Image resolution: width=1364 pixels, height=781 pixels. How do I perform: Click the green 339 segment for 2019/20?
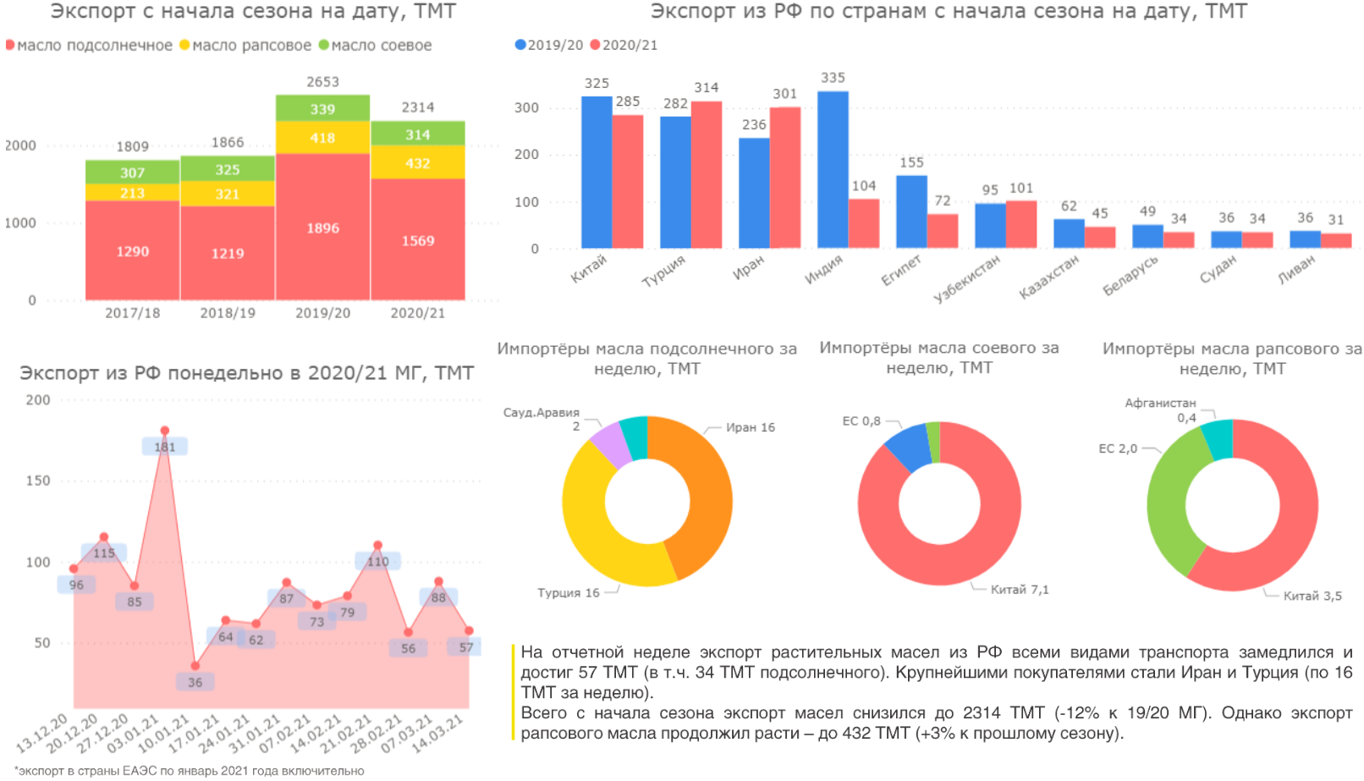click(322, 108)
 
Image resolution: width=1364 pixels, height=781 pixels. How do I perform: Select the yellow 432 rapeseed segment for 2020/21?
click(418, 162)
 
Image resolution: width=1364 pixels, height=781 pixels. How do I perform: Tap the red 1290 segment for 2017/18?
click(133, 250)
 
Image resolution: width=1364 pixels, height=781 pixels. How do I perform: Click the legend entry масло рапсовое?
click(245, 46)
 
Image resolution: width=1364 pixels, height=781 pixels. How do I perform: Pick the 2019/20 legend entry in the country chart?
click(549, 46)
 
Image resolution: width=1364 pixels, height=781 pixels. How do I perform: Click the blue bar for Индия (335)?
click(833, 169)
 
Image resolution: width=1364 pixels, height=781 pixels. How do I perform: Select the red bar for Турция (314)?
click(707, 174)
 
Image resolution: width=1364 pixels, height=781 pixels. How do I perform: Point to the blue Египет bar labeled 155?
click(911, 212)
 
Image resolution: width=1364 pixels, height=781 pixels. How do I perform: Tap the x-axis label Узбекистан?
click(966, 278)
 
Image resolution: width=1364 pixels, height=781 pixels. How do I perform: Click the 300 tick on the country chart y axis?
click(526, 108)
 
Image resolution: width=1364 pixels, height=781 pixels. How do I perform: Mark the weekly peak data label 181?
click(165, 447)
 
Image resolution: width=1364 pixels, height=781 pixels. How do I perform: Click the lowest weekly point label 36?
click(195, 682)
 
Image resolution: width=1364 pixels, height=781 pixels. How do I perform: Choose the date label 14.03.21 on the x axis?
click(437, 735)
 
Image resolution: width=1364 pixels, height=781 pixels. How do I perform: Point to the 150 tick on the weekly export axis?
click(38, 481)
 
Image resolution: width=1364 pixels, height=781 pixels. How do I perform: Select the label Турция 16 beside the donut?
click(568, 593)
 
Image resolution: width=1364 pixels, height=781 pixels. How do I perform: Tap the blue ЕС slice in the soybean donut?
click(909, 447)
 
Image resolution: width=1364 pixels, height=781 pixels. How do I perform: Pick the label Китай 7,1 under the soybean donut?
click(1020, 590)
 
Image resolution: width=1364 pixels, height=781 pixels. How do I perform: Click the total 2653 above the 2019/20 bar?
click(322, 82)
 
